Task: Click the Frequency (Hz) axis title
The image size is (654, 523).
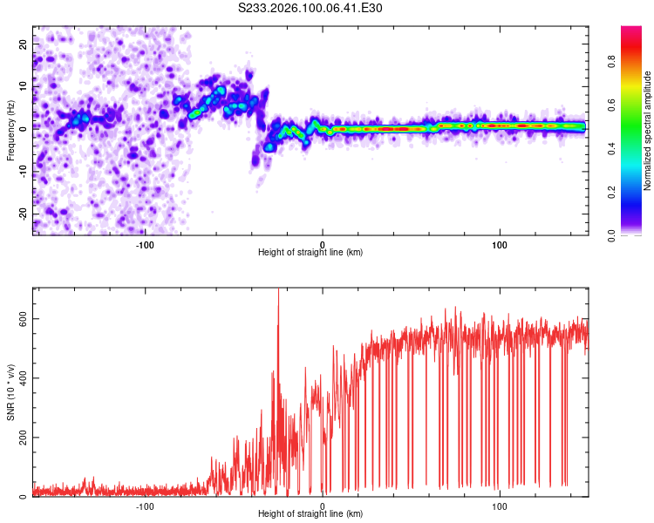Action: (10, 131)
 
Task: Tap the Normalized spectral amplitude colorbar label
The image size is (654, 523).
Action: (648, 131)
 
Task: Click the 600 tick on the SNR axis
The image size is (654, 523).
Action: (22, 319)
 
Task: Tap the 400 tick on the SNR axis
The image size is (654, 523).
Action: (22, 378)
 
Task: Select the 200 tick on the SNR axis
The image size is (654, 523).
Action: (22, 438)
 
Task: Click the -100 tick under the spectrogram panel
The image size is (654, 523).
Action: (145, 243)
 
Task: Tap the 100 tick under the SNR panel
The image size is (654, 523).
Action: (500, 506)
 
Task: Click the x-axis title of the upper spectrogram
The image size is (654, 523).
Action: (310, 253)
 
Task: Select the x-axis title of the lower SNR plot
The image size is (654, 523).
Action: (310, 515)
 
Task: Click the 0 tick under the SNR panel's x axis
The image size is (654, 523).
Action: (323, 506)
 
